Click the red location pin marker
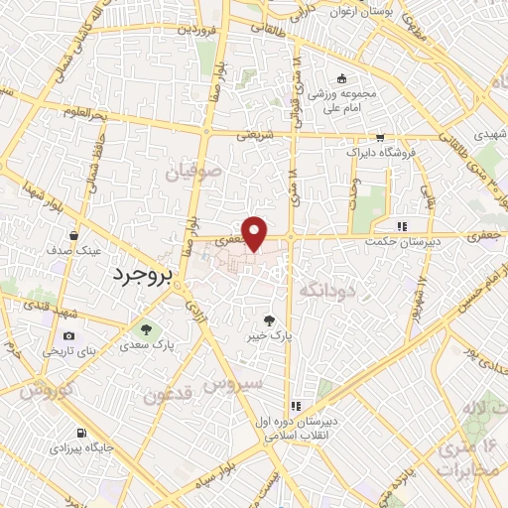tap(255, 233)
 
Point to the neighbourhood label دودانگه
tap(326, 291)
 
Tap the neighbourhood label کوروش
tap(48, 390)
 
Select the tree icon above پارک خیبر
tap(269, 319)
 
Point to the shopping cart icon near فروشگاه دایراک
tap(379, 139)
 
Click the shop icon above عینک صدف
tap(75, 235)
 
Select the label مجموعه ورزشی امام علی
tap(344, 100)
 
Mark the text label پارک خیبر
tap(270, 336)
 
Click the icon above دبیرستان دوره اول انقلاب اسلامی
tap(296, 406)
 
